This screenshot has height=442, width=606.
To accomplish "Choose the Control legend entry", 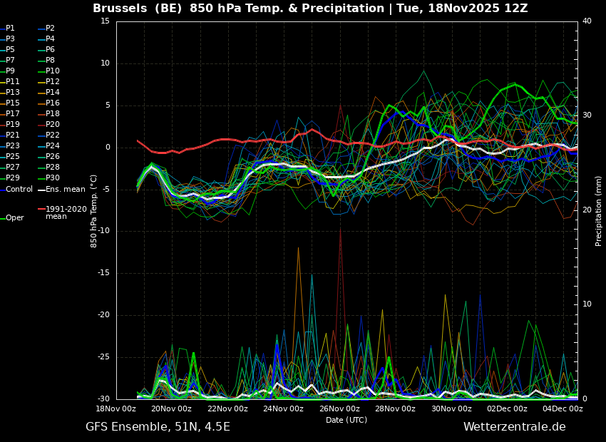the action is point(16,190).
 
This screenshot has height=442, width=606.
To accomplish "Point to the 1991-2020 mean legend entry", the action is point(63,212).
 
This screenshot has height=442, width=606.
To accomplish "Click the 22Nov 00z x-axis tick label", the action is point(228,408).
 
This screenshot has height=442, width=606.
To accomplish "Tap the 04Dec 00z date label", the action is point(563,408).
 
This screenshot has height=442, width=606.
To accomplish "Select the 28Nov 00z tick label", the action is point(396,408).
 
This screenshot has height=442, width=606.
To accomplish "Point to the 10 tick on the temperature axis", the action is point(106,63).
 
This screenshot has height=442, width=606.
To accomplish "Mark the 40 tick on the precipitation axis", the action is point(587,21).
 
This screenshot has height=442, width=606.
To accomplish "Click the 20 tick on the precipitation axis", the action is point(587,210).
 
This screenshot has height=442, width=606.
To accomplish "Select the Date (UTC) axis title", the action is point(346,420).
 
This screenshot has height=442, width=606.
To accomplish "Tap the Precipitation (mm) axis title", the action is point(598,210).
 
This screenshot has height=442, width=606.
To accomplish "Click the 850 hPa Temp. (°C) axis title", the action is point(93,211).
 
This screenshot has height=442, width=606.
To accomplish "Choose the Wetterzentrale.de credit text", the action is point(515,426).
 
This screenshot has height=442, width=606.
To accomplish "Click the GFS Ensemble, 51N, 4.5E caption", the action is point(158,427).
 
